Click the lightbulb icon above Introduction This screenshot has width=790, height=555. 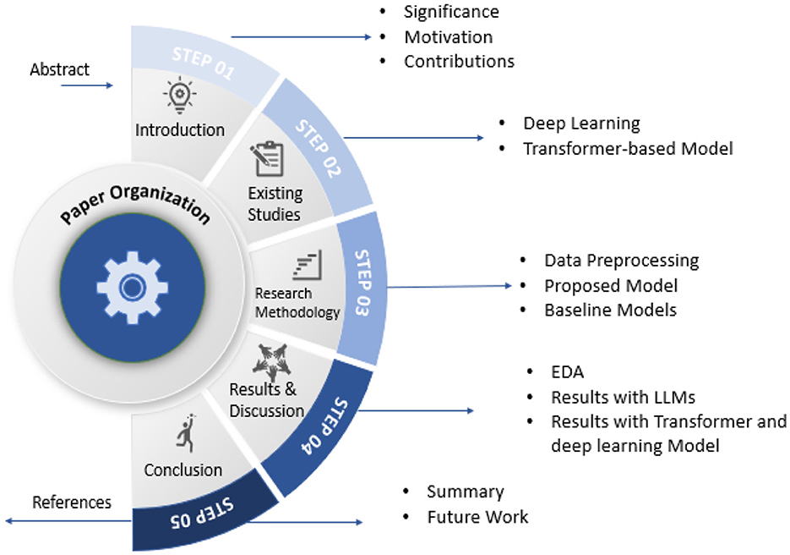pyautogui.click(x=179, y=96)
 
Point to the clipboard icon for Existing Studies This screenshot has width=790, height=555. pyautogui.click(x=267, y=159)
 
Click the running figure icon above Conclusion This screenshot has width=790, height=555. pyautogui.click(x=185, y=434)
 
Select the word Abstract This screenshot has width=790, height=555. pyautogui.click(x=59, y=69)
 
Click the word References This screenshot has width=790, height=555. pyautogui.click(x=72, y=503)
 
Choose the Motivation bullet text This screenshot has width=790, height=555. pyautogui.click(x=448, y=37)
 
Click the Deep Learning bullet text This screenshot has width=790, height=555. pyautogui.click(x=581, y=124)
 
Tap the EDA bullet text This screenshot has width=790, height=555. pyautogui.click(x=567, y=372)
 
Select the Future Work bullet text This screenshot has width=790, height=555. pyautogui.click(x=477, y=517)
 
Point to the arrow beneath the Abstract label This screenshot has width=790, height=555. pyautogui.click(x=98, y=85)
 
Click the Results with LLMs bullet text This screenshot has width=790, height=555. pyautogui.click(x=624, y=397)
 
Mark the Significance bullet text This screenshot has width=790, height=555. pyautogui.click(x=451, y=12)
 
